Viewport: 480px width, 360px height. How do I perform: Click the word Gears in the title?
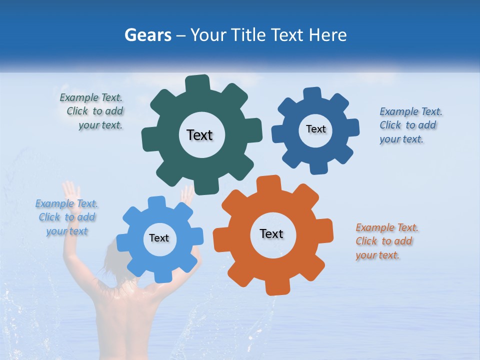pos(147,35)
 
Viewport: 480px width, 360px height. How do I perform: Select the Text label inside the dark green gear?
pos(199,135)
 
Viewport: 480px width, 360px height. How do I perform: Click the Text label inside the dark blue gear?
pos(315,129)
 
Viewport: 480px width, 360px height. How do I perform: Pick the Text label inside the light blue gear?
pos(159,238)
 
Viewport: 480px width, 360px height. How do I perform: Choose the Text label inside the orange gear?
pos(271,233)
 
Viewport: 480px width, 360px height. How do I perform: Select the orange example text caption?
pos(386,241)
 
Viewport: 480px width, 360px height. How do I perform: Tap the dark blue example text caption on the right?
pos(410,125)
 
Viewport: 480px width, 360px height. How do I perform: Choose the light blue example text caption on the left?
pos(67,217)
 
